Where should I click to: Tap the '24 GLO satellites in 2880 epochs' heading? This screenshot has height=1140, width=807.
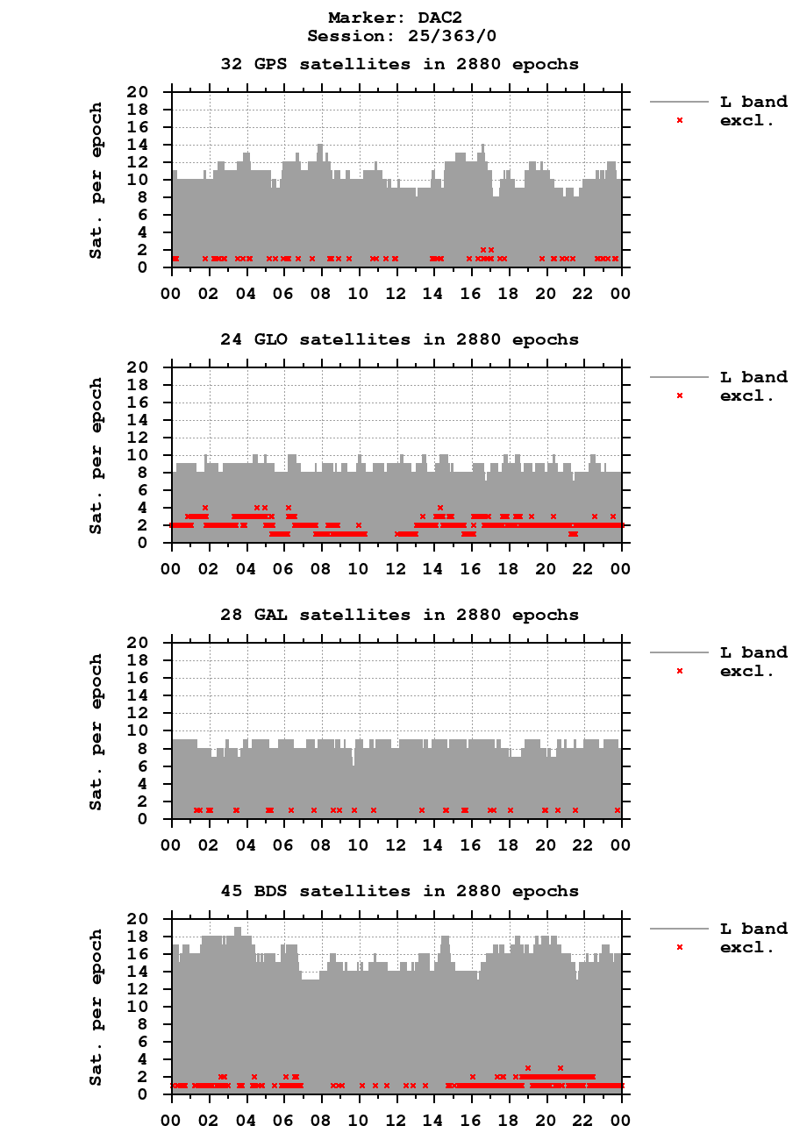point(399,339)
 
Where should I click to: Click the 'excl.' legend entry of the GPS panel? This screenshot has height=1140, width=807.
point(746,120)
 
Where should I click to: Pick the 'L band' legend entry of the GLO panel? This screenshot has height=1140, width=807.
point(753,377)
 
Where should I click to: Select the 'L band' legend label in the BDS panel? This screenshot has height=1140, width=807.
point(753,929)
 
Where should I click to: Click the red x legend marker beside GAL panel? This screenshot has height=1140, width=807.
point(679,671)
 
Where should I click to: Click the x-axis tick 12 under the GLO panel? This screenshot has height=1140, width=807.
point(396,567)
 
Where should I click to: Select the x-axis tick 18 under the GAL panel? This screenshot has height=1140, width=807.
point(509,844)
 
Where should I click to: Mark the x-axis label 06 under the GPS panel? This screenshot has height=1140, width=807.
point(283,292)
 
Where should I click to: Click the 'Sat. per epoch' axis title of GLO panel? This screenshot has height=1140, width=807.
point(96,455)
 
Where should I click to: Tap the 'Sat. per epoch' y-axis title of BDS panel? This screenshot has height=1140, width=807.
point(96,1007)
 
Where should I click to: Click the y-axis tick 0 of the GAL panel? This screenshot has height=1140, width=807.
point(158,819)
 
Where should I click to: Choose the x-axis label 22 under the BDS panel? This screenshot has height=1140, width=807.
point(584,1120)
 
